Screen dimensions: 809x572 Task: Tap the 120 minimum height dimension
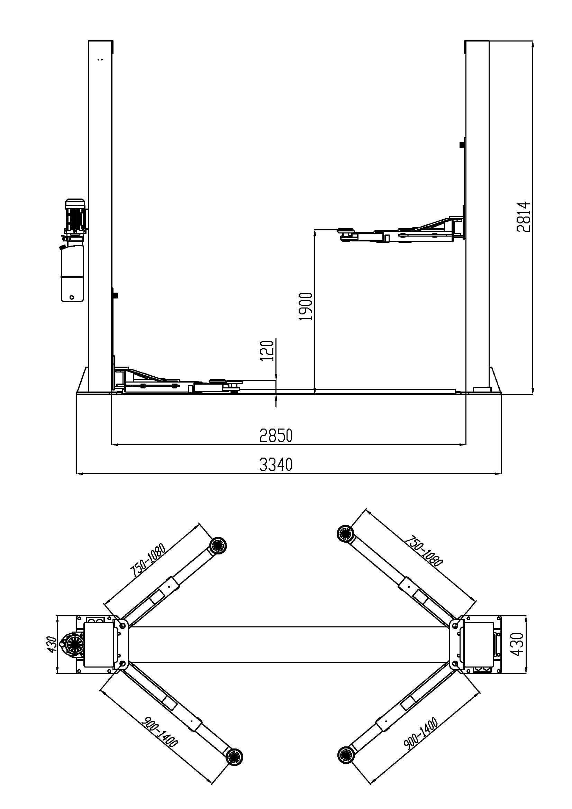[x=267, y=350]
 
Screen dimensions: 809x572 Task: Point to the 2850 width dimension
[x=276, y=435]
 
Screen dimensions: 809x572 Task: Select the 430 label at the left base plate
[x=52, y=644]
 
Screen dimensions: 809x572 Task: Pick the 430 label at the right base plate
[x=517, y=644]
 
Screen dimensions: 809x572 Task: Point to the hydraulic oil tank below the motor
[x=73, y=273]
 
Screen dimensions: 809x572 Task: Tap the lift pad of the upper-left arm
[x=217, y=546]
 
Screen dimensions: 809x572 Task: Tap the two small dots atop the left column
[x=100, y=59]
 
